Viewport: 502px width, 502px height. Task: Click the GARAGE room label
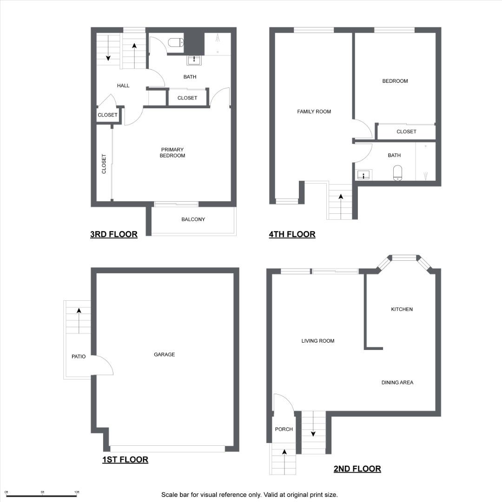pyautogui.click(x=164, y=354)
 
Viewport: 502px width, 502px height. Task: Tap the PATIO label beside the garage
pyautogui.click(x=79, y=357)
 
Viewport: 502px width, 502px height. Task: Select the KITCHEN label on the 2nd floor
pyautogui.click(x=402, y=309)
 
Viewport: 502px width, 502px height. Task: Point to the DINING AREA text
pyautogui.click(x=397, y=382)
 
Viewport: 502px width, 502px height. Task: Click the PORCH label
pyautogui.click(x=284, y=429)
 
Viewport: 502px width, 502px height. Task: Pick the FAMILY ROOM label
pyautogui.click(x=314, y=112)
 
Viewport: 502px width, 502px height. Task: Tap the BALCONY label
pyautogui.click(x=193, y=219)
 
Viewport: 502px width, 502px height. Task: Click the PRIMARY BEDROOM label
pyautogui.click(x=172, y=152)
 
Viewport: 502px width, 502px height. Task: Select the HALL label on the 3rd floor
pyautogui.click(x=123, y=86)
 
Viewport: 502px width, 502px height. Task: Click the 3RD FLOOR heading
pyautogui.click(x=114, y=234)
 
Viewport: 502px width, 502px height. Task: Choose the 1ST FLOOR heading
pyautogui.click(x=125, y=460)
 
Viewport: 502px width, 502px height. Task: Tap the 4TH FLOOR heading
pyautogui.click(x=292, y=234)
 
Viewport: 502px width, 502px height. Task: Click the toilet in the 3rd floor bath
pyautogui.click(x=176, y=42)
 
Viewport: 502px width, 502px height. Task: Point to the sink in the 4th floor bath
pyautogui.click(x=363, y=175)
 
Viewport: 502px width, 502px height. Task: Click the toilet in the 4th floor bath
pyautogui.click(x=397, y=173)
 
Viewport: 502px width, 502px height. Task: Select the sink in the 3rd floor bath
pyautogui.click(x=194, y=60)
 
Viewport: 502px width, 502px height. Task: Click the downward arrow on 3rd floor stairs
pyautogui.click(x=108, y=48)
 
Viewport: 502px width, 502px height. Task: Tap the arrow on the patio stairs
pyautogui.click(x=79, y=321)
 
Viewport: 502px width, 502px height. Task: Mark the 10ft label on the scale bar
pyautogui.click(x=77, y=492)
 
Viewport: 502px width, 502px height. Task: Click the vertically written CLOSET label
pyautogui.click(x=104, y=164)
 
